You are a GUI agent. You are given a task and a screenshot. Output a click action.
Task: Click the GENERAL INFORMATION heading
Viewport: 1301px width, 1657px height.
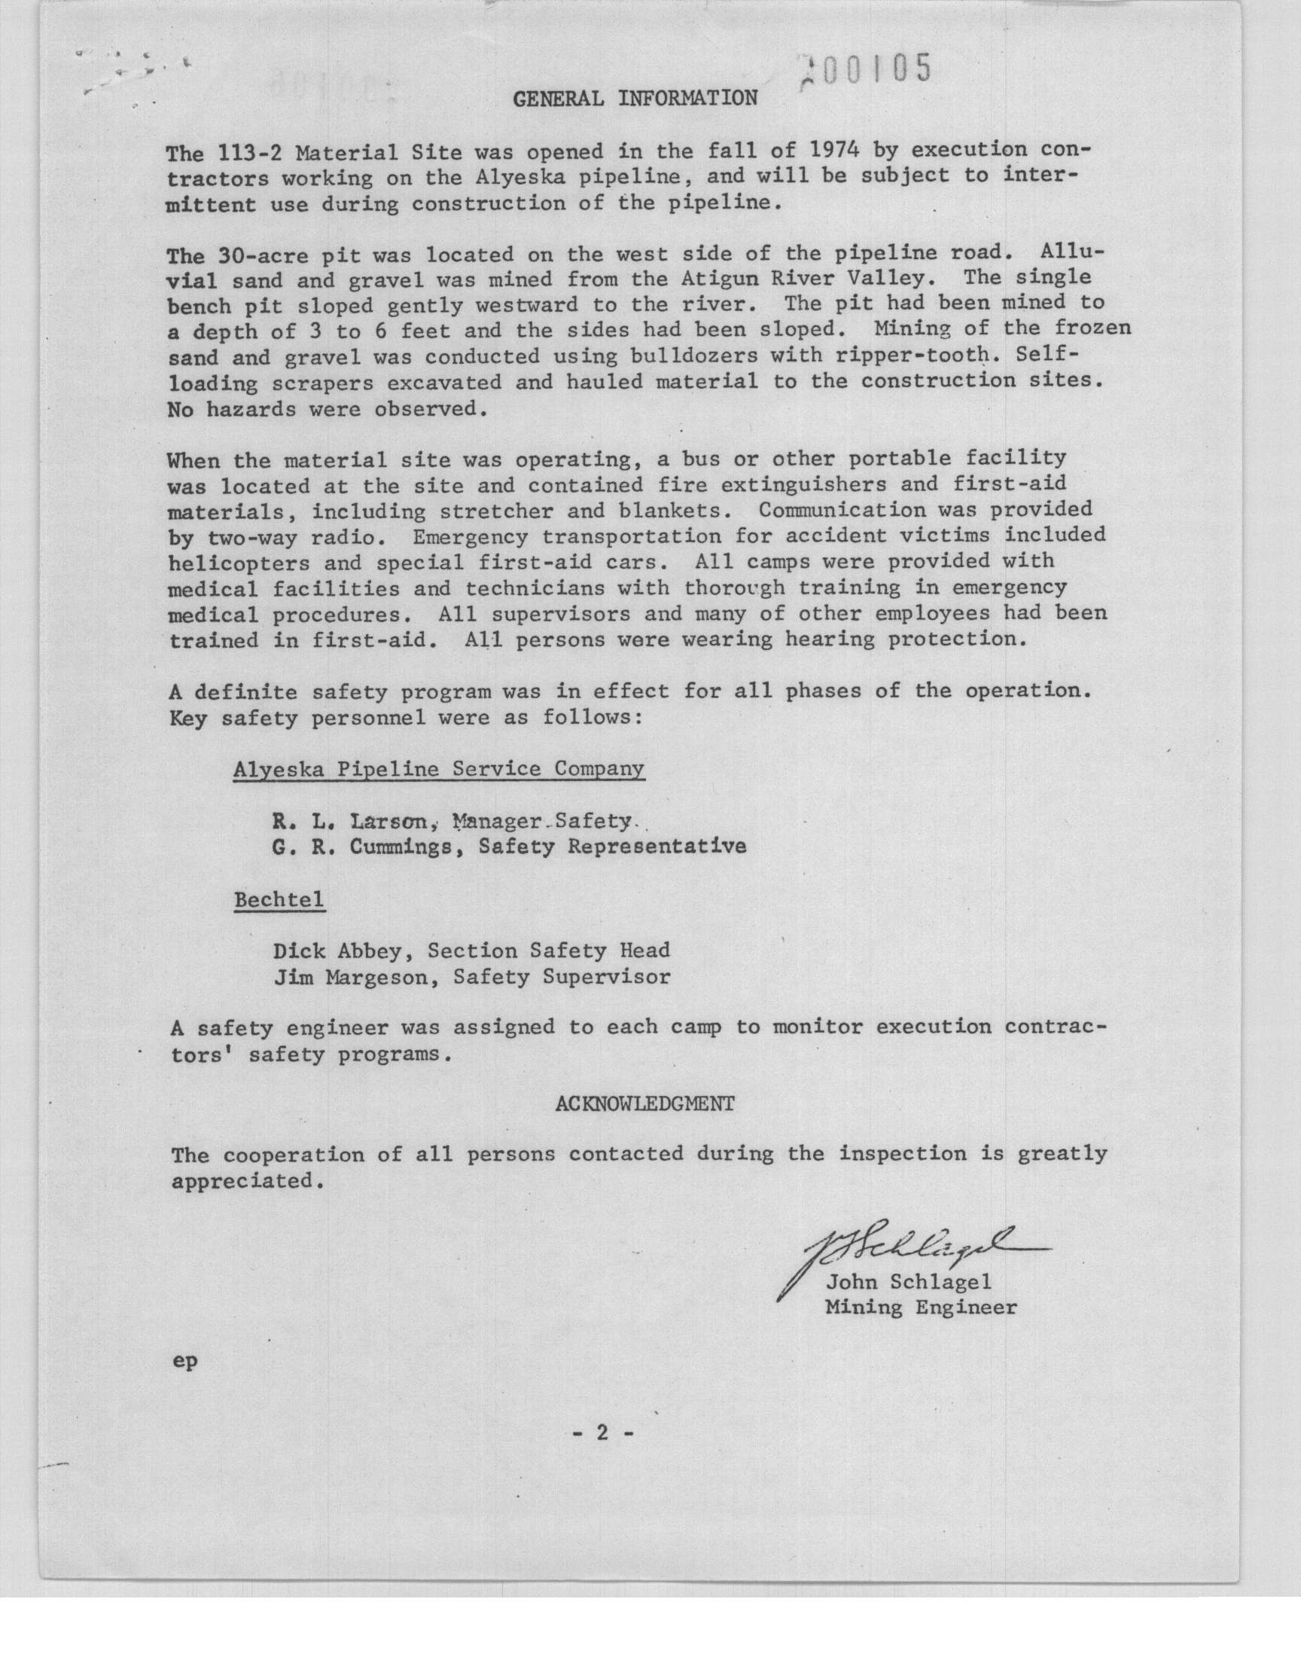tap(635, 98)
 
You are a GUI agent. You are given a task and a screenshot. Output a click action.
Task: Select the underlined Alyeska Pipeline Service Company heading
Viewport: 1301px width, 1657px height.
tap(439, 769)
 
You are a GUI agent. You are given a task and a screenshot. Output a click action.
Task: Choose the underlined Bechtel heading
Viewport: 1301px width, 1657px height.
tap(279, 900)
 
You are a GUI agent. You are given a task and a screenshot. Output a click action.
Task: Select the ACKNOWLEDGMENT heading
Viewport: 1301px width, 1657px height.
tap(644, 1104)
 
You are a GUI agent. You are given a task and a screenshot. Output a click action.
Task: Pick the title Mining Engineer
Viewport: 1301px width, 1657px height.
tap(921, 1308)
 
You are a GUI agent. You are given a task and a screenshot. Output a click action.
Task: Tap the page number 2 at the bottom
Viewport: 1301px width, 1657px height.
tap(602, 1433)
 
